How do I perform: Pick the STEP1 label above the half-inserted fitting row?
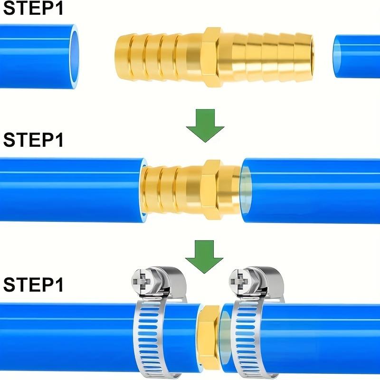[33, 140]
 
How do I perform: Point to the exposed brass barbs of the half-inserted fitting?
[166, 189]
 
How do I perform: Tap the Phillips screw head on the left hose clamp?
[144, 281]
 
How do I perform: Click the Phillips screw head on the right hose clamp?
[242, 281]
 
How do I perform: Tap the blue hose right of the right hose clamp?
[323, 337]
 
